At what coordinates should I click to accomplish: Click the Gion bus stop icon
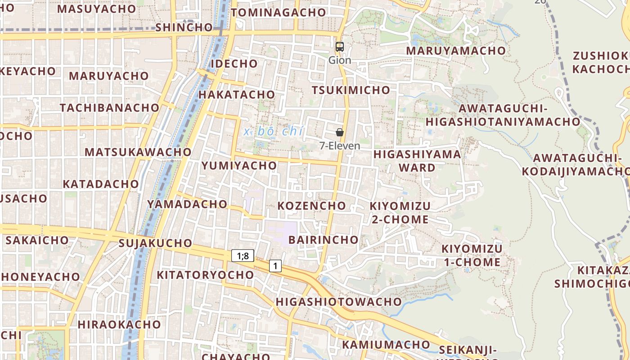[340, 46]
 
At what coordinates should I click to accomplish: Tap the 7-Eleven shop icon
[340, 132]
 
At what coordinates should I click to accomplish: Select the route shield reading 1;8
[243, 256]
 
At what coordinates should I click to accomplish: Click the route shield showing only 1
[275, 266]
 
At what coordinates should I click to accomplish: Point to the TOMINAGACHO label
[278, 13]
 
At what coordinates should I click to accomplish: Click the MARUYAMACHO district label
[456, 51]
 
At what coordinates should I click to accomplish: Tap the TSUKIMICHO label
[351, 90]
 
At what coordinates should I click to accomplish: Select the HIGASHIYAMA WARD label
[418, 161]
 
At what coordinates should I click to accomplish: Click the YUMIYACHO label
[239, 166]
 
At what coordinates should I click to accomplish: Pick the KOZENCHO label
[312, 206]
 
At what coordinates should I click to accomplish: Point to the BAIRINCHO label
[324, 239]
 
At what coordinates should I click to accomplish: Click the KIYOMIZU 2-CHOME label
[400, 213]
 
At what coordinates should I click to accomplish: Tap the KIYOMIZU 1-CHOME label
[472, 256]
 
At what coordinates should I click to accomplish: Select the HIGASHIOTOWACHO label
[339, 301]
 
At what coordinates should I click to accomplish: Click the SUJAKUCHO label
[155, 243]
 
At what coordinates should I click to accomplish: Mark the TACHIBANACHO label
[110, 108]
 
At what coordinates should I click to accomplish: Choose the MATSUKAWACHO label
[138, 152]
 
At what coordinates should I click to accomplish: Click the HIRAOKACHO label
[119, 324]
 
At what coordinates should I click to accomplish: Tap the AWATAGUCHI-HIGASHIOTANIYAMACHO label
[503, 115]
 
